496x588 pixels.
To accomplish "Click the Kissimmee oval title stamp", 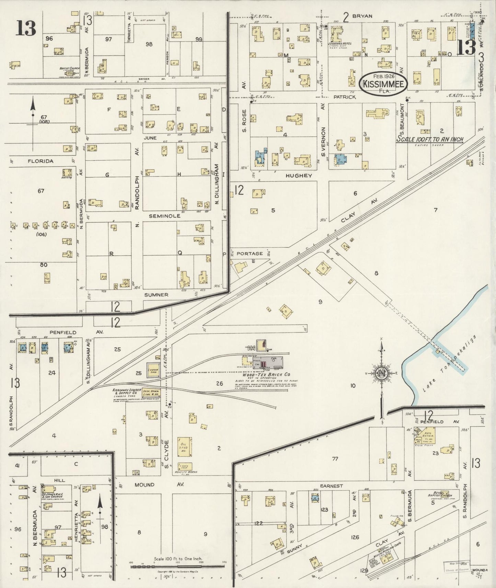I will tap(383, 83).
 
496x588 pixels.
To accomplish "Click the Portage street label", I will tap(250, 254).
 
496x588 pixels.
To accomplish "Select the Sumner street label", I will tap(156, 295).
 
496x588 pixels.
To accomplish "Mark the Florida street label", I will tap(41, 161).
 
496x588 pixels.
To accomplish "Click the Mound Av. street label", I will tap(154, 485).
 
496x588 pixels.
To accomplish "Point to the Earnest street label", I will tap(332, 486).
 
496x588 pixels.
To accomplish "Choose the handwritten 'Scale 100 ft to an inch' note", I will tap(430, 139).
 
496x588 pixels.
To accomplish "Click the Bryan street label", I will tap(362, 16).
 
